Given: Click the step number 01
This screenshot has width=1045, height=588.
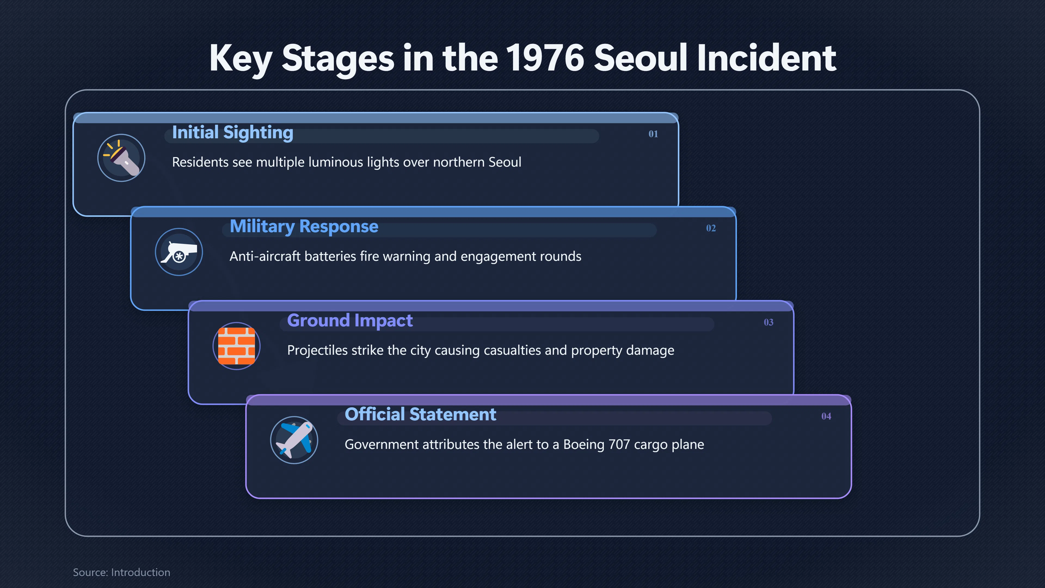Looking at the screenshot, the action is click(653, 134).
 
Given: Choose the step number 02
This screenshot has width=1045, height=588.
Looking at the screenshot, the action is click(711, 228).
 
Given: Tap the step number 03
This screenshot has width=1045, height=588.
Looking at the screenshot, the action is click(768, 322).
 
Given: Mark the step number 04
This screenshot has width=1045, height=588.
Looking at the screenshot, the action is click(826, 416).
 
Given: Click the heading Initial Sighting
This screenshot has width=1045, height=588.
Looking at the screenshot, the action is click(232, 133).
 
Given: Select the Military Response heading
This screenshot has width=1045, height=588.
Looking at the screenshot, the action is click(304, 226).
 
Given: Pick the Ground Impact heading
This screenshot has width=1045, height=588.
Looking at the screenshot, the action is click(350, 321).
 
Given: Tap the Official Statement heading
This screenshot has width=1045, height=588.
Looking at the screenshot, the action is click(420, 414).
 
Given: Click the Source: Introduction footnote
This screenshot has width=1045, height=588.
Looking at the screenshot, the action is click(121, 572).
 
